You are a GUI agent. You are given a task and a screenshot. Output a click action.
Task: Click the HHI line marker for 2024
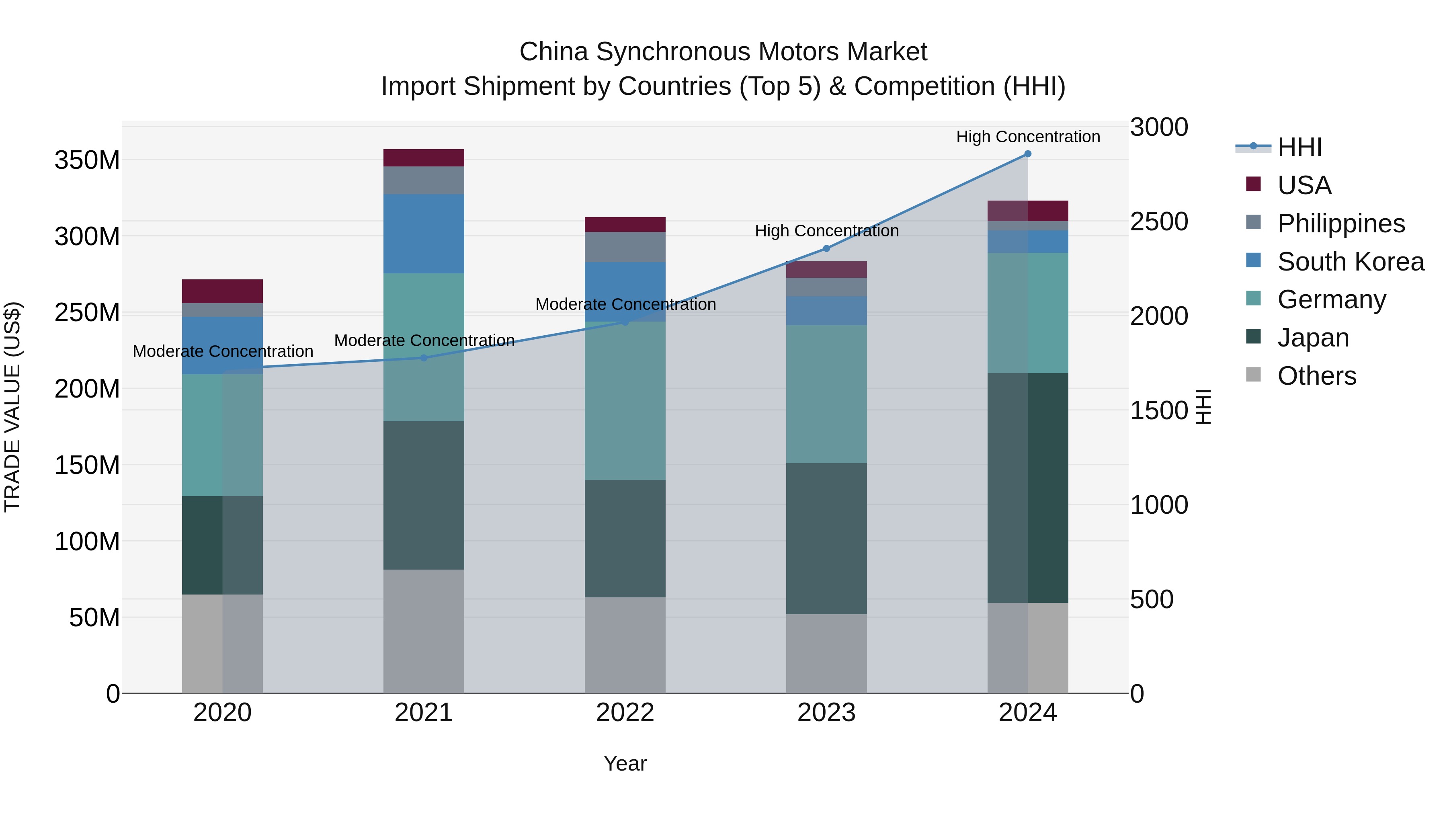[1027, 154]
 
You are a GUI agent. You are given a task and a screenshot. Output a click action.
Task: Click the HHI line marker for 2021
[424, 358]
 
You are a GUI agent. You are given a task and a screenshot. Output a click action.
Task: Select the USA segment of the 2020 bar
[222, 291]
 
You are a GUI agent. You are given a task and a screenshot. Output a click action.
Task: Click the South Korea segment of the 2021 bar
[424, 234]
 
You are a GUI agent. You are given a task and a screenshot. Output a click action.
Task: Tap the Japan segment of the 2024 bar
[1028, 488]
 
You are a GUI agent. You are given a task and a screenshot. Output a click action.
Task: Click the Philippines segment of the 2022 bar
[625, 247]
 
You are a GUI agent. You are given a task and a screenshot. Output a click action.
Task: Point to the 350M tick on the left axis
[87, 161]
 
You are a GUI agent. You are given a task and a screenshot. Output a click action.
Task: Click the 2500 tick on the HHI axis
[1159, 221]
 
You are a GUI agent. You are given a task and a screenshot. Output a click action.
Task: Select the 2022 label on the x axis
[625, 713]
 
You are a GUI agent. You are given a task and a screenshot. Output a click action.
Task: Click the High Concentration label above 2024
[1028, 137]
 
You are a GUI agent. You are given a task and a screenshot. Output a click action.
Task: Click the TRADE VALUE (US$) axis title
[12, 407]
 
